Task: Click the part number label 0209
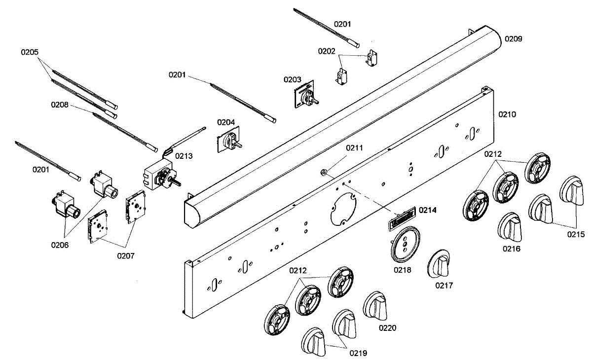tap(514, 38)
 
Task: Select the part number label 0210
tap(507, 114)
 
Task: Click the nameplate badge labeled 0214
tap(401, 217)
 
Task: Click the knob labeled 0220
tap(376, 304)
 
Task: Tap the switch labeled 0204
tap(229, 138)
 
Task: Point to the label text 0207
tap(126, 255)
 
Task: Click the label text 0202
tap(327, 51)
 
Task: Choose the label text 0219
tap(358, 353)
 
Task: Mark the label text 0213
tap(184, 156)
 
